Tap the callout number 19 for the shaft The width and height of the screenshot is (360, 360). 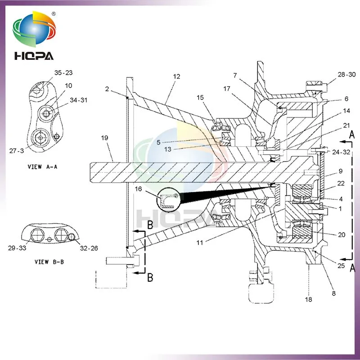point(104,139)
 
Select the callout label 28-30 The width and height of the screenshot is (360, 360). point(346,75)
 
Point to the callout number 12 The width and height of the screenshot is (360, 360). point(176,76)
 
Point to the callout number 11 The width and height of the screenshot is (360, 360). point(199,243)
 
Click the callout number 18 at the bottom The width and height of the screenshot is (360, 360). point(309,299)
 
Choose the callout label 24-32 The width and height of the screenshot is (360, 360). point(341,152)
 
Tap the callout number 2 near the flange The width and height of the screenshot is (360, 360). point(107,89)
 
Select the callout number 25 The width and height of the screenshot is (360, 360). point(341,266)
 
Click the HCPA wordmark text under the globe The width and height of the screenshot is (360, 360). point(33,56)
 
